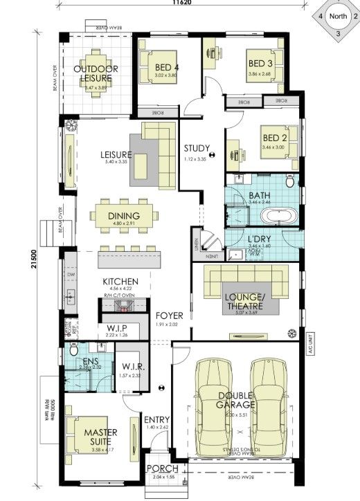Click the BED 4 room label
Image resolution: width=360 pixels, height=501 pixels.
click(167, 67)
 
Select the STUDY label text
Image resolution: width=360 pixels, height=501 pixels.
click(197, 147)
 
